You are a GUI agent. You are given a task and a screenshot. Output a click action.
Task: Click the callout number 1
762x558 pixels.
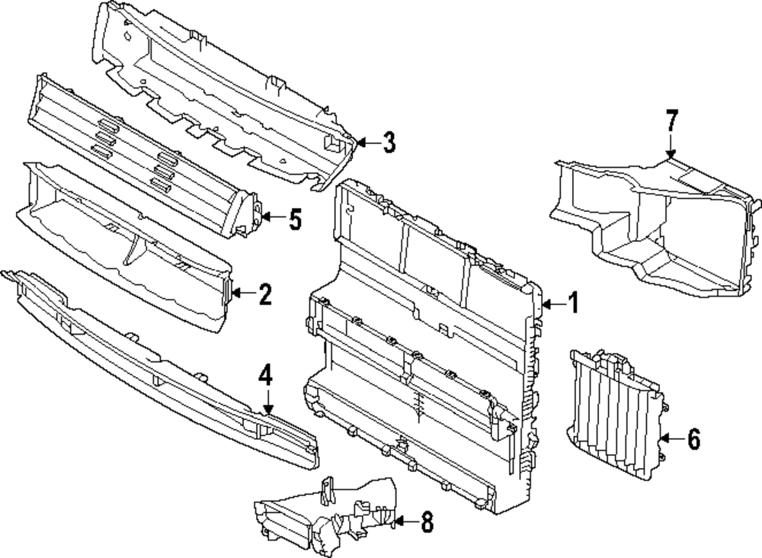coord(572,303)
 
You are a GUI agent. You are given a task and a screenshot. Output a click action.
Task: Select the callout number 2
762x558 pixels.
coord(264,294)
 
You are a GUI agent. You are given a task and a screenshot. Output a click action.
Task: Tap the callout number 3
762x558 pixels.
coord(389,142)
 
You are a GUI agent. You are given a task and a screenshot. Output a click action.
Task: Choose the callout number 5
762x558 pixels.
coord(294,220)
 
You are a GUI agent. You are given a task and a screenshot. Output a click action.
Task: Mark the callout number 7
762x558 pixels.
coord(671,120)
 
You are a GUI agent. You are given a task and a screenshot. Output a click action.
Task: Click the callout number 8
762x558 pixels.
coord(425,522)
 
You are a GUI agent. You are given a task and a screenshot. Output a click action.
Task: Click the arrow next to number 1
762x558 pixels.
coord(553,304)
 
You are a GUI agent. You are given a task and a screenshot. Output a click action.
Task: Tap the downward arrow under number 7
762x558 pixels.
coord(671,146)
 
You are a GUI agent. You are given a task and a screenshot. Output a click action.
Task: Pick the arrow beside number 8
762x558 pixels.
coord(404,522)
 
